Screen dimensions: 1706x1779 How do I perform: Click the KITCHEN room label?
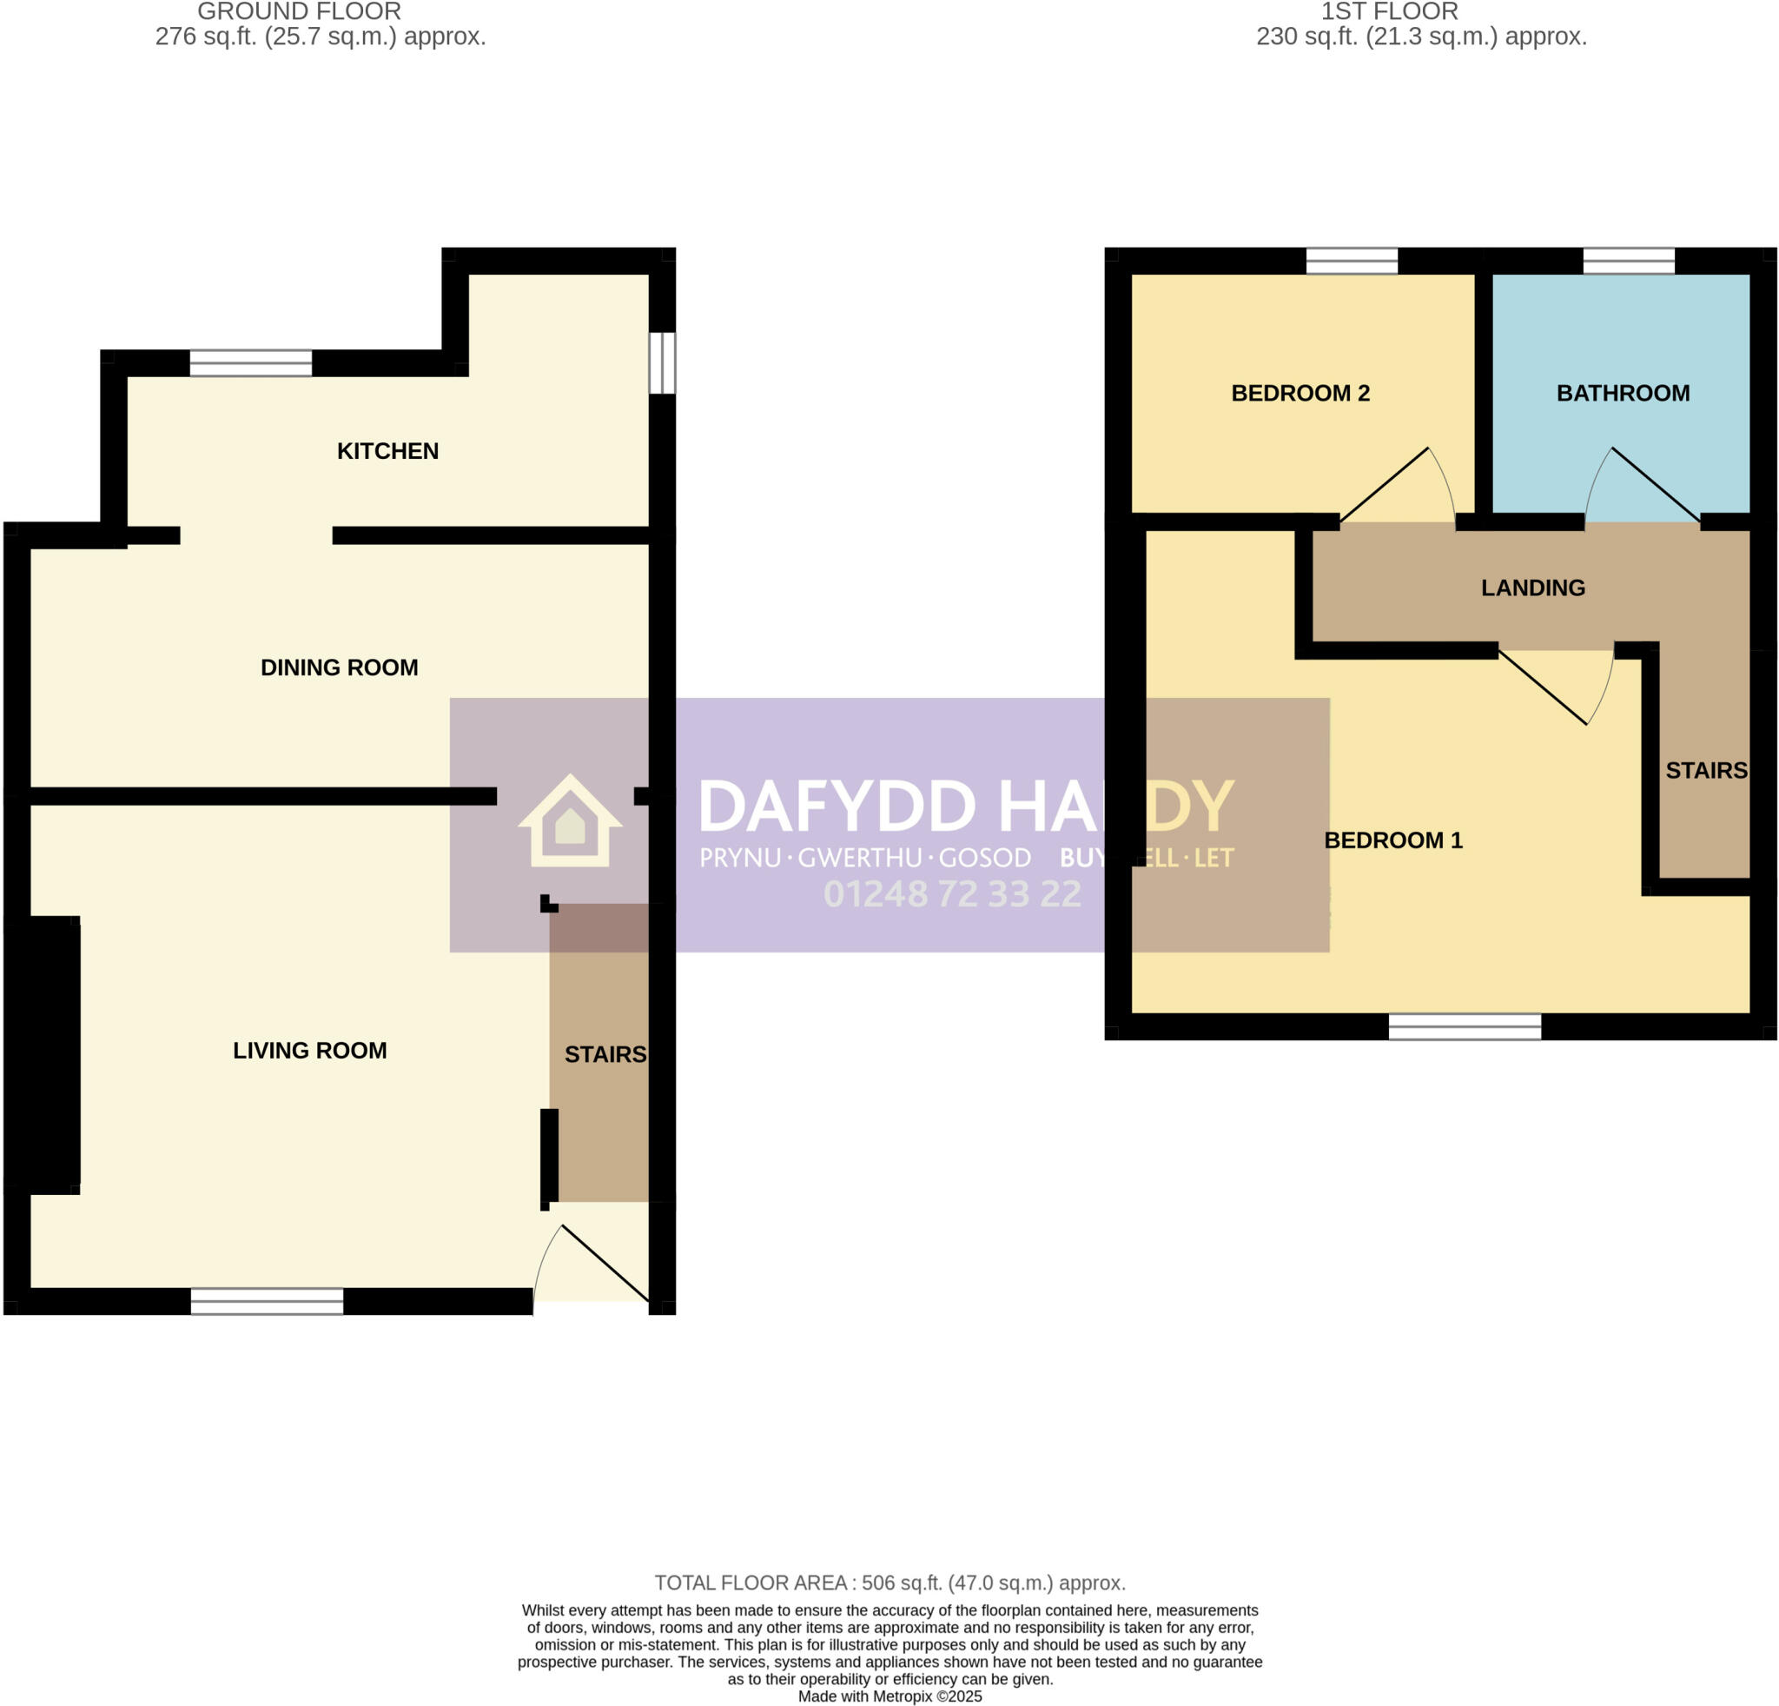(x=387, y=451)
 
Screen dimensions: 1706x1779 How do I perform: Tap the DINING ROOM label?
(x=340, y=667)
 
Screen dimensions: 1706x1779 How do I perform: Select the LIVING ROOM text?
(x=309, y=1051)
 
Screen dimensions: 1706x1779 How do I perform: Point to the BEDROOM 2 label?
(x=1300, y=393)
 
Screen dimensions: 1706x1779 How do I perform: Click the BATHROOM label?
(x=1623, y=393)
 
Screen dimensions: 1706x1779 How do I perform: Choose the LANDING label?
(x=1533, y=588)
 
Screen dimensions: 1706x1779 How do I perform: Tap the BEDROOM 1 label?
(x=1393, y=840)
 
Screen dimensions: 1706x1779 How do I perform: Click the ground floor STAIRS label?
(x=605, y=1054)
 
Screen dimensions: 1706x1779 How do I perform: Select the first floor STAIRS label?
(x=1706, y=771)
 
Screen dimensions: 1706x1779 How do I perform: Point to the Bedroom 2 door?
(x=1398, y=487)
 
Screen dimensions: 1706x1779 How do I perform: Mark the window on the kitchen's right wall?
(x=663, y=362)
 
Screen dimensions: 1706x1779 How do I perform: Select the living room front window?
(x=267, y=1301)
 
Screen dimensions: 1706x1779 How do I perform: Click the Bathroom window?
(x=1629, y=262)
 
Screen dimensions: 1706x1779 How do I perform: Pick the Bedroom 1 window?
(x=1464, y=1027)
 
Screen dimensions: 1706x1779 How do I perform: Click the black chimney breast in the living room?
(x=45, y=1053)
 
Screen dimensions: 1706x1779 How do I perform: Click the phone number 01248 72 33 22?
(x=952, y=894)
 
